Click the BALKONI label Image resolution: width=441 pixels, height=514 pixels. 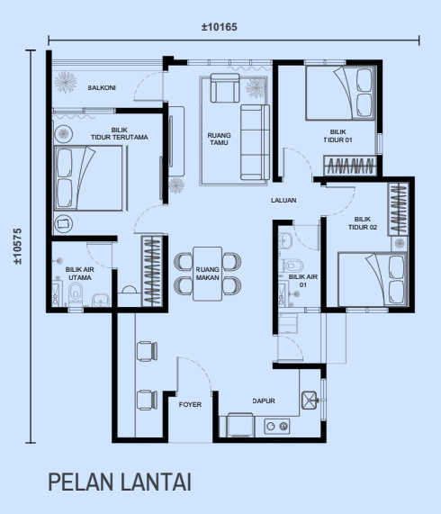click(102, 88)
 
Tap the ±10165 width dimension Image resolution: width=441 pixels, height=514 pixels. click(220, 27)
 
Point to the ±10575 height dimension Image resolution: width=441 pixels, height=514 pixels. click(17, 246)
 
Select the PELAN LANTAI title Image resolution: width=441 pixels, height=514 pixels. click(120, 482)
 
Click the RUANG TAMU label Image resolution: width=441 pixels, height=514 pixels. click(220, 139)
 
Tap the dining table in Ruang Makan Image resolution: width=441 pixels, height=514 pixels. click(207, 274)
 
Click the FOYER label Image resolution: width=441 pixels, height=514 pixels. click(190, 405)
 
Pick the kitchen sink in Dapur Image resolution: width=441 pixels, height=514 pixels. click(310, 401)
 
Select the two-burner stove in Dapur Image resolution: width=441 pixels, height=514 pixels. click(277, 426)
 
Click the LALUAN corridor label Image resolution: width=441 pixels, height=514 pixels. click(283, 201)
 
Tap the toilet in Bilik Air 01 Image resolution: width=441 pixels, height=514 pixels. click(292, 265)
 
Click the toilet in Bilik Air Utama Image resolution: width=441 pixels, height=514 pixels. click(76, 293)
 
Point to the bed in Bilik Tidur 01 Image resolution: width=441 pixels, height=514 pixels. click(340, 93)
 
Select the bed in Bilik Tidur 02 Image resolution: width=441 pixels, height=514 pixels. click(373, 279)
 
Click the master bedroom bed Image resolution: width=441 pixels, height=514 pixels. click(89, 177)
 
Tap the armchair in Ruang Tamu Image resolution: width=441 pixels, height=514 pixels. click(225, 88)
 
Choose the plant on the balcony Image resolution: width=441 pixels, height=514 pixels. click(66, 82)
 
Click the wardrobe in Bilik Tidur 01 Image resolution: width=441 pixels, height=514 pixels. click(350, 166)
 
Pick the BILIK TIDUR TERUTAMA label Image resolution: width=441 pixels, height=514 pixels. click(120, 134)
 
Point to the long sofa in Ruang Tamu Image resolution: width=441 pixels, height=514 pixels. click(255, 142)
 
